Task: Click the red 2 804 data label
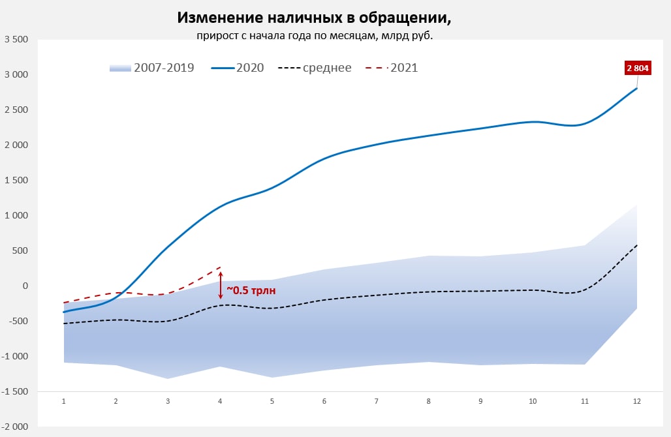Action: (638, 68)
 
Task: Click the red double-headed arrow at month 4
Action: (221, 285)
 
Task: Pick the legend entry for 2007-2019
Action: (151, 68)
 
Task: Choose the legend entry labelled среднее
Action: (315, 68)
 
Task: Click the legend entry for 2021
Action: (392, 68)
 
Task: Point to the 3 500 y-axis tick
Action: (16, 40)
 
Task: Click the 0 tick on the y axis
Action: (25, 286)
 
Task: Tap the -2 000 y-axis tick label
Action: (16, 427)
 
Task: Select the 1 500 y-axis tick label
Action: (16, 180)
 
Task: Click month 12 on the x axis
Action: (637, 402)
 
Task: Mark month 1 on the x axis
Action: (64, 402)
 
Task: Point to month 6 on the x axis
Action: (324, 402)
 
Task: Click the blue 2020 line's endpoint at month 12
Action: (637, 88)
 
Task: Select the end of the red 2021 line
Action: (221, 267)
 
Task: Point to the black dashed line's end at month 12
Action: (637, 245)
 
